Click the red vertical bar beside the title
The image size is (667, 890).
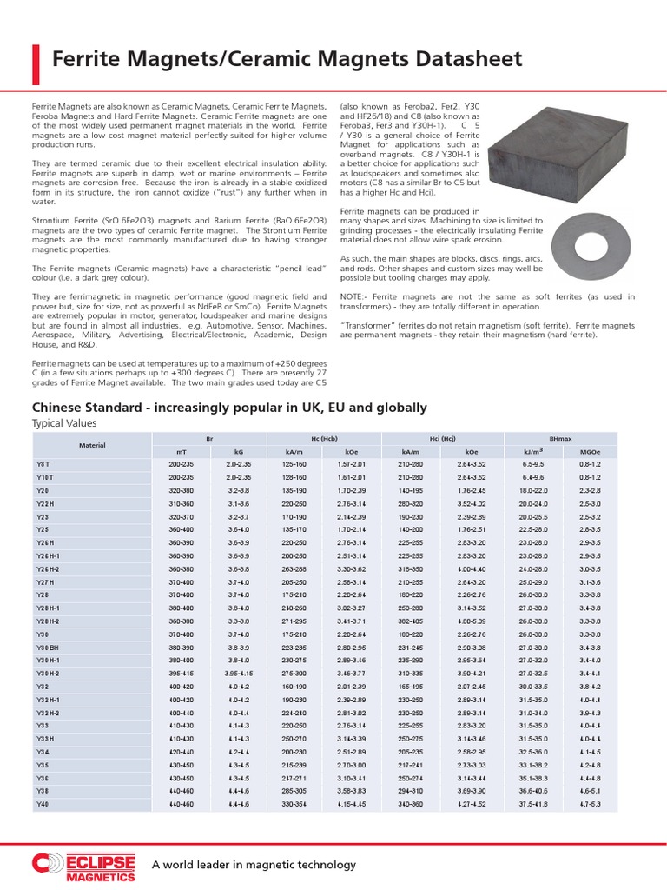click(x=36, y=59)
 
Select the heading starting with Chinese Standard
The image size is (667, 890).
click(x=229, y=407)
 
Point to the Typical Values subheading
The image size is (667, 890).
click(x=64, y=423)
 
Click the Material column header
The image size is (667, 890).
click(x=91, y=445)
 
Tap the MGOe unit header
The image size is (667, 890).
click(x=587, y=452)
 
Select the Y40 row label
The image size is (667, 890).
click(x=43, y=805)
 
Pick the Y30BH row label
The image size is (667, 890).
click(x=47, y=647)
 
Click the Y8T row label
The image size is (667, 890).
click(x=43, y=465)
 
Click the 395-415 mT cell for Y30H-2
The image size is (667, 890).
click(x=180, y=672)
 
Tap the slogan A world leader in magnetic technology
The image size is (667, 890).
click(x=254, y=865)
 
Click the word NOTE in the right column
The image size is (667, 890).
click(x=353, y=297)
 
